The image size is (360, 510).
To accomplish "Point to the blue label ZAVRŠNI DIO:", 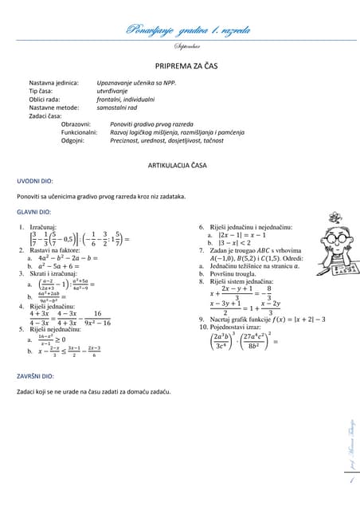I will click(35, 375).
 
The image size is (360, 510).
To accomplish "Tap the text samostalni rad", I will click(119, 108).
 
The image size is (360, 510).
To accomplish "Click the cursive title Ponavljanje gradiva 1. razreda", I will click(188, 31).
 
